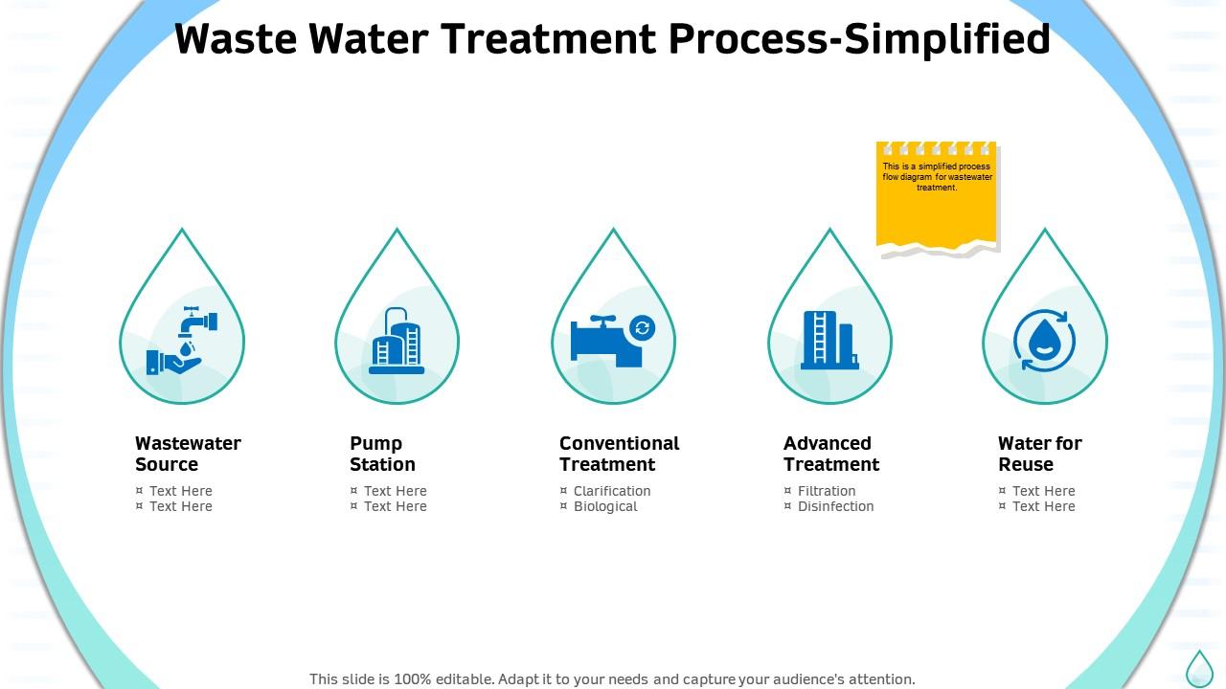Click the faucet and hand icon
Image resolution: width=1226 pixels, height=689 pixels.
click(182, 340)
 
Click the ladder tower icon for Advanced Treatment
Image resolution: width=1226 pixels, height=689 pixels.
click(829, 340)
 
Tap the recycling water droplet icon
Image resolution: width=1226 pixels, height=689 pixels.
click(1044, 341)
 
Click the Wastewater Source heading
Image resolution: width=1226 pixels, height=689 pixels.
click(188, 454)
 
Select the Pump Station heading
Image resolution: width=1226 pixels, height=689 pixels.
click(382, 454)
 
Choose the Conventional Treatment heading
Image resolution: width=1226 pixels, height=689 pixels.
click(619, 454)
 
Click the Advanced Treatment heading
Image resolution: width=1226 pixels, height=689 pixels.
click(830, 454)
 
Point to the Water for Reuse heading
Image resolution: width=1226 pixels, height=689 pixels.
click(1039, 454)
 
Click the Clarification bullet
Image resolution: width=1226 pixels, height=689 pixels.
click(611, 491)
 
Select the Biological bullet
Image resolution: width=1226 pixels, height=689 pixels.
click(604, 506)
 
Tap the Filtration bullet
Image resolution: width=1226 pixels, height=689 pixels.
click(826, 491)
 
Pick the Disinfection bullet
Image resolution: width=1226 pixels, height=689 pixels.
click(835, 506)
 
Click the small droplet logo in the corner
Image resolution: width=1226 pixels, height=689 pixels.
click(1199, 668)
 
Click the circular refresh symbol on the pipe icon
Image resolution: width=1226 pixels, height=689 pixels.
click(642, 328)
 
